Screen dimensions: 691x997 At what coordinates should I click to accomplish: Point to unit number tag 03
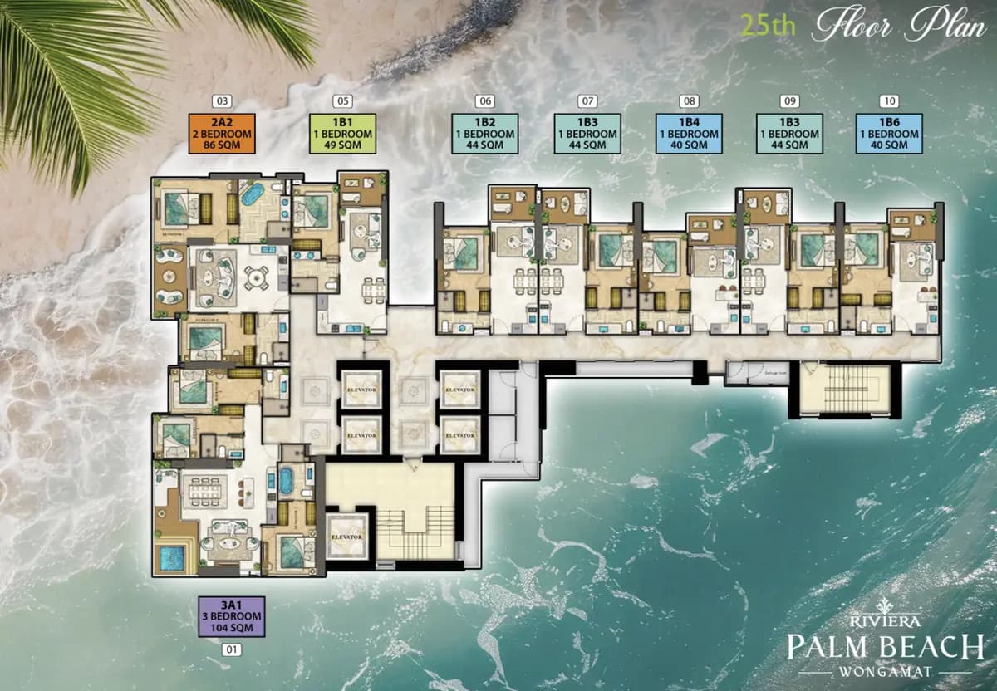click(x=221, y=101)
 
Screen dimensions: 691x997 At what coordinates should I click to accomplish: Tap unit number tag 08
click(x=688, y=101)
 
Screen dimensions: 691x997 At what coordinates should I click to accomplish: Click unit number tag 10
click(x=889, y=101)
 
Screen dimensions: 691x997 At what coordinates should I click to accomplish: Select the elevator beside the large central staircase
click(x=346, y=537)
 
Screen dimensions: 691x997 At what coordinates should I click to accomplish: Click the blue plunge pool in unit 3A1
click(x=171, y=557)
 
